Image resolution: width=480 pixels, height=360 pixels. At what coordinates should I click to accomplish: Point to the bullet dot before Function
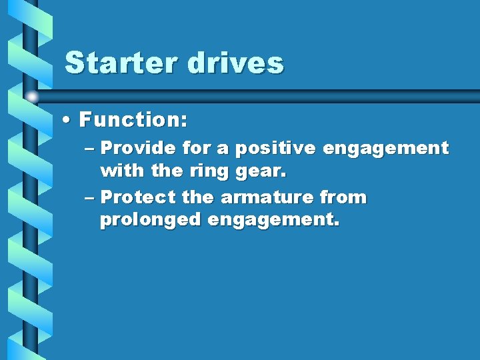tap(69, 121)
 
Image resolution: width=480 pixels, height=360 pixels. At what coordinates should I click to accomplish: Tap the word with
tap(121, 171)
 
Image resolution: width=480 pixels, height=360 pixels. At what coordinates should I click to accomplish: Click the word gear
tap(259, 171)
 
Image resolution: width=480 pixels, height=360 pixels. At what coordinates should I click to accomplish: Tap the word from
tap(343, 197)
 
